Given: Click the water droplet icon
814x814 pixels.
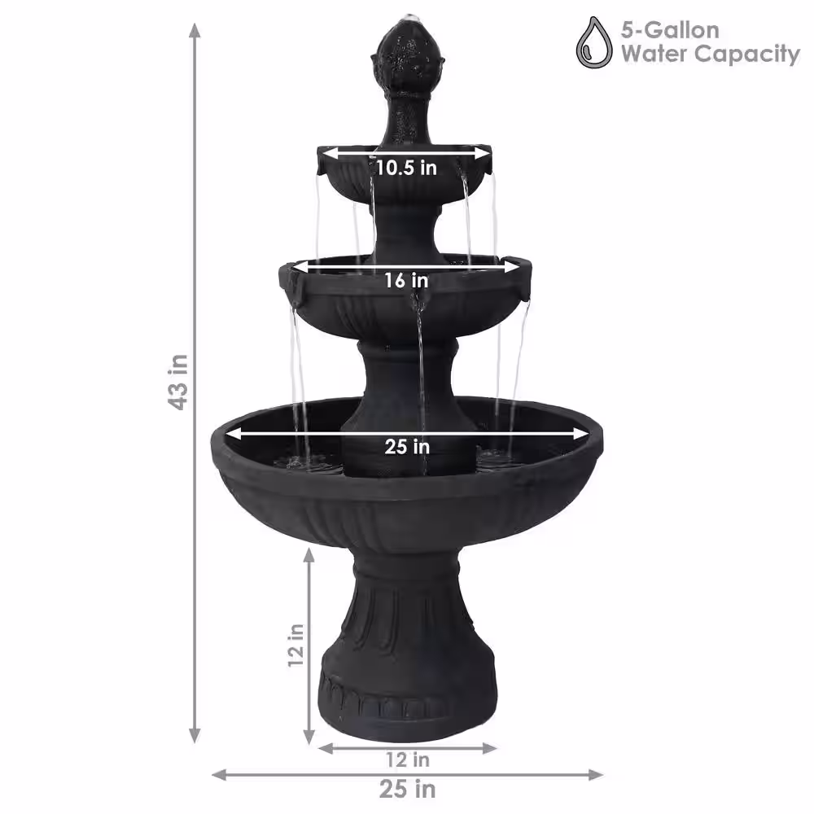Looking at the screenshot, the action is point(594,42).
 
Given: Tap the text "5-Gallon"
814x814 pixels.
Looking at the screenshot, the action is point(670,30).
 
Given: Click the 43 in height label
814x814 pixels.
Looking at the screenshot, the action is point(180,382).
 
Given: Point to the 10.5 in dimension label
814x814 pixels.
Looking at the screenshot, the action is point(406,168).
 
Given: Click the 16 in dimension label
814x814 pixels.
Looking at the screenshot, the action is point(406,280).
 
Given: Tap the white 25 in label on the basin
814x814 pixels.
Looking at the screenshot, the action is point(407,446).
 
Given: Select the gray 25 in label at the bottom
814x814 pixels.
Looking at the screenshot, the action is point(407,790).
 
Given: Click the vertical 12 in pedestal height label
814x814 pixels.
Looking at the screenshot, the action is point(296,646).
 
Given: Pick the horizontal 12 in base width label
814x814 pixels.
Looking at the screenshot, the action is point(408,760).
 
